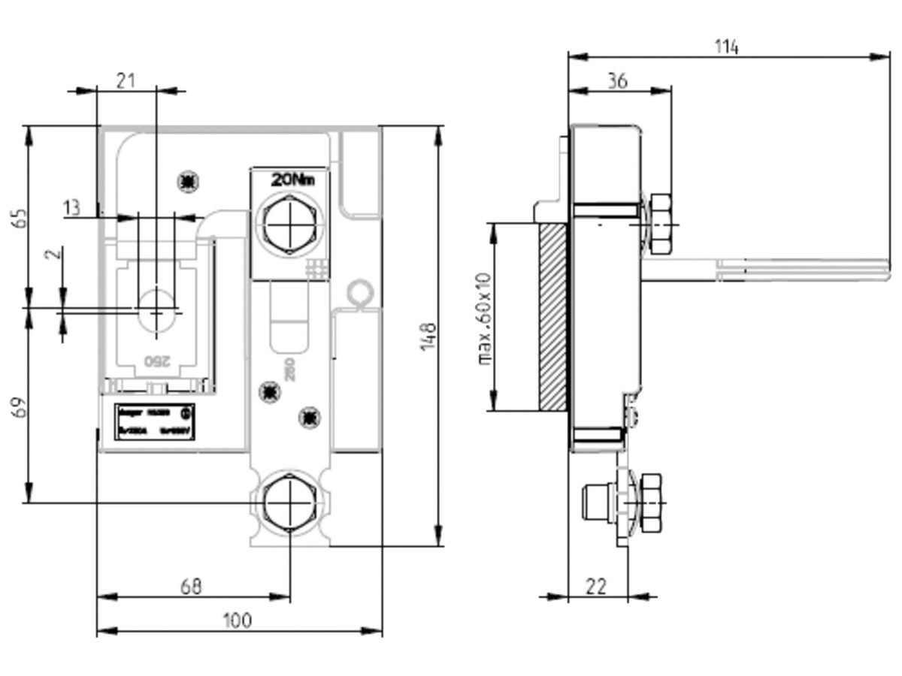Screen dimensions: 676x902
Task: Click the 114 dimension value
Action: pyautogui.click(x=726, y=47)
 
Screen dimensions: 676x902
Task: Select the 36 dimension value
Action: pyautogui.click(x=617, y=81)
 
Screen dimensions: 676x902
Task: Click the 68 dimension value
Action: pyautogui.click(x=192, y=586)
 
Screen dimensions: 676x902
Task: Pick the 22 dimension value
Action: pyautogui.click(x=595, y=586)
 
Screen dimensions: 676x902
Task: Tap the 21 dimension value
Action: pyautogui.click(x=126, y=80)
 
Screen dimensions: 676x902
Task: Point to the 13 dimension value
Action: pyautogui.click(x=71, y=208)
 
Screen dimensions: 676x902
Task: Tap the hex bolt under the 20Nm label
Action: pyautogui.click(x=289, y=224)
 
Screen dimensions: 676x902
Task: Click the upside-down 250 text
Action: pyautogui.click(x=154, y=361)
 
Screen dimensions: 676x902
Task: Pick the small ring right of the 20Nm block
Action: pyautogui.click(x=359, y=292)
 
